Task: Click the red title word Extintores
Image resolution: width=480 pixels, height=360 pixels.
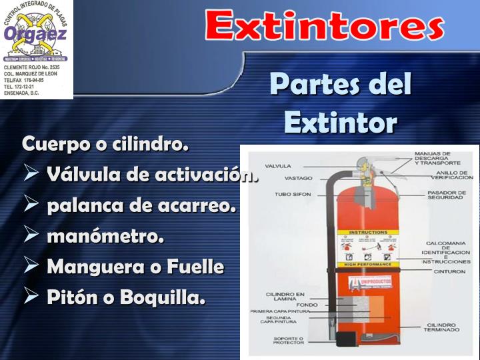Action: pyautogui.click(x=324, y=27)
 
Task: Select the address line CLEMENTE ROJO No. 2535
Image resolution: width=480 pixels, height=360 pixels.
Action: pyautogui.click(x=32, y=67)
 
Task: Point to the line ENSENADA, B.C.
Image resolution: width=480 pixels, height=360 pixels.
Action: pyautogui.click(x=23, y=93)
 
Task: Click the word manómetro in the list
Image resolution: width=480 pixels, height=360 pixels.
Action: pyautogui.click(x=105, y=236)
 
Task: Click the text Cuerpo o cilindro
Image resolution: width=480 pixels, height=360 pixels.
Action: pyautogui.click(x=105, y=144)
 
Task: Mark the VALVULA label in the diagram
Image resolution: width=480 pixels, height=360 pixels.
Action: pyautogui.click(x=277, y=165)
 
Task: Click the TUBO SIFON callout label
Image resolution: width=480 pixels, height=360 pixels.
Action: pyautogui.click(x=291, y=195)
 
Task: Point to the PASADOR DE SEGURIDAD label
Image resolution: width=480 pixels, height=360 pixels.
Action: pyautogui.click(x=445, y=196)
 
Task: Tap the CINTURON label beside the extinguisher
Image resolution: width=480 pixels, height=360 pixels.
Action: pyautogui.click(x=445, y=271)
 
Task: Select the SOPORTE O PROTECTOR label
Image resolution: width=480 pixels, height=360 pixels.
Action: pyautogui.click(x=289, y=341)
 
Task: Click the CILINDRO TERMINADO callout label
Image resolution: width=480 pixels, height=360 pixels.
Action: pyautogui.click(x=443, y=328)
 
